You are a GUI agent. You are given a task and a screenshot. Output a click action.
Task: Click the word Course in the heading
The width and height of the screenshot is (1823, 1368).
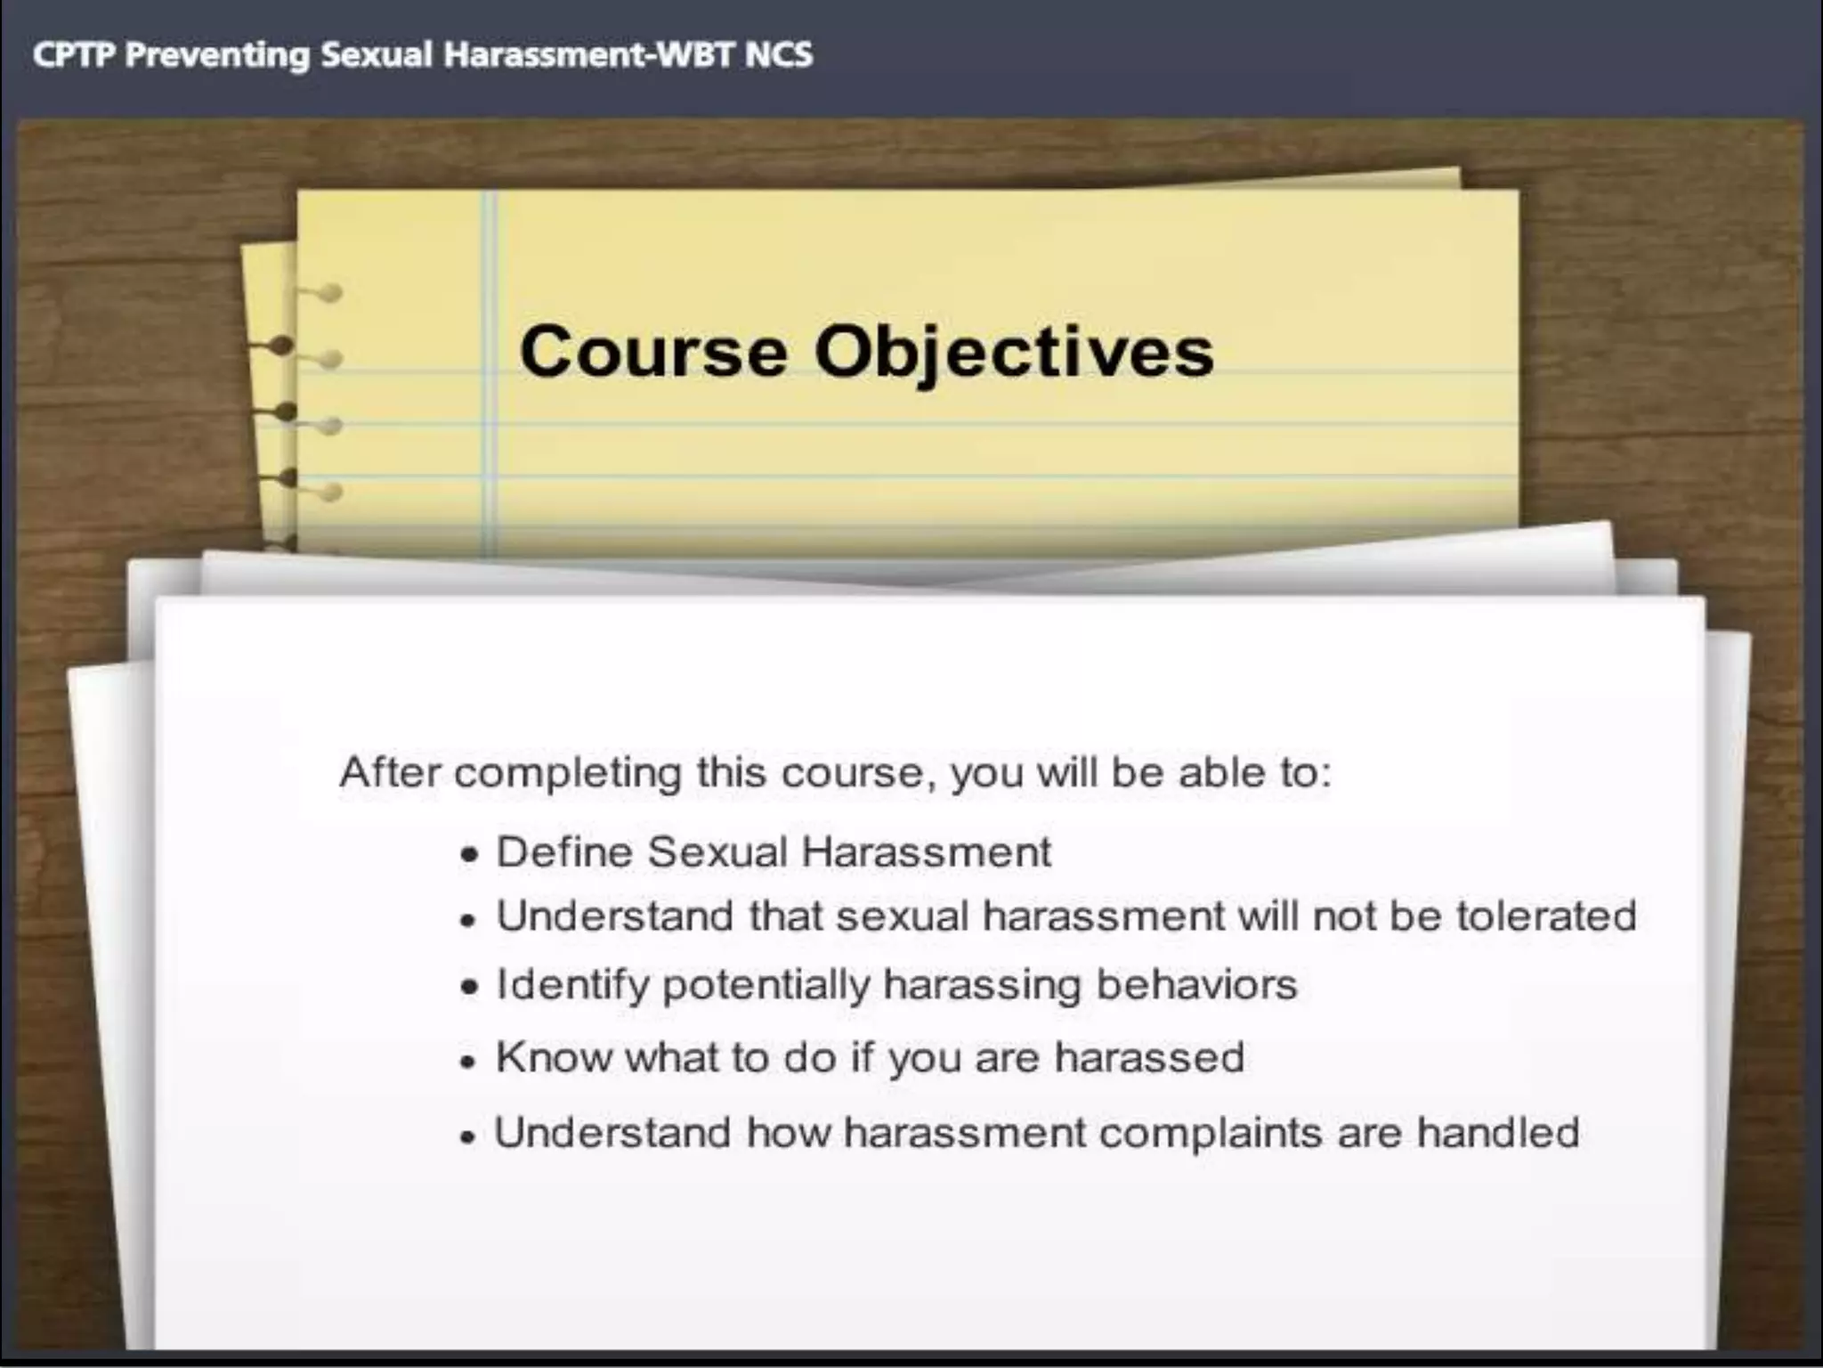(x=653, y=352)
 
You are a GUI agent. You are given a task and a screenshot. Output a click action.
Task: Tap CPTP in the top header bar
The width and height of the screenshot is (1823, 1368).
(x=73, y=55)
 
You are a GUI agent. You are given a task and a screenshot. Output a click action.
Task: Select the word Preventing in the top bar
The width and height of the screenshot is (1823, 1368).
(x=217, y=55)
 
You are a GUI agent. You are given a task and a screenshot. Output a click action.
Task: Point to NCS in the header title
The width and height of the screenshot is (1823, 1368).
(x=779, y=55)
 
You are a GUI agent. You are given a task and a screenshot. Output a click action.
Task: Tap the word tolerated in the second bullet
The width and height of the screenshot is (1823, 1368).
(x=1546, y=916)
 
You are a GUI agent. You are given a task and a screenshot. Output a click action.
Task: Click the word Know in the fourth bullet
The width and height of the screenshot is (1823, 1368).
(x=554, y=1057)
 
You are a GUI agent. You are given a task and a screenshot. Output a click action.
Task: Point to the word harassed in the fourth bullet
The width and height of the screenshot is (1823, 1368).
(x=1149, y=1057)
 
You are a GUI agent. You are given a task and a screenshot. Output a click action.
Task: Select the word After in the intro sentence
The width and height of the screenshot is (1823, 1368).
(x=390, y=771)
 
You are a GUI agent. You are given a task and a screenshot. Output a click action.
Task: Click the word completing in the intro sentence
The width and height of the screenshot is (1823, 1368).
(x=567, y=773)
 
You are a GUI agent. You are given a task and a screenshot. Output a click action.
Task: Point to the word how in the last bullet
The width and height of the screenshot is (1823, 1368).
(x=788, y=1132)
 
